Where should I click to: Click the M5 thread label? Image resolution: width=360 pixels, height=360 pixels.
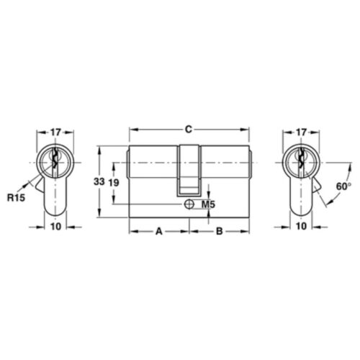tap(209, 205)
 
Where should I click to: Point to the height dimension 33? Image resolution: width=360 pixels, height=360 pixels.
tap(99, 182)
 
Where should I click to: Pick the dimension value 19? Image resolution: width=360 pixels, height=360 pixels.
tap(113, 182)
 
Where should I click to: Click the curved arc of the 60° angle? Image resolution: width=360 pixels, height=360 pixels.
tap(330, 198)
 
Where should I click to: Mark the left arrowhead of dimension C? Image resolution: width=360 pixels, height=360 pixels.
tap(132, 130)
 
